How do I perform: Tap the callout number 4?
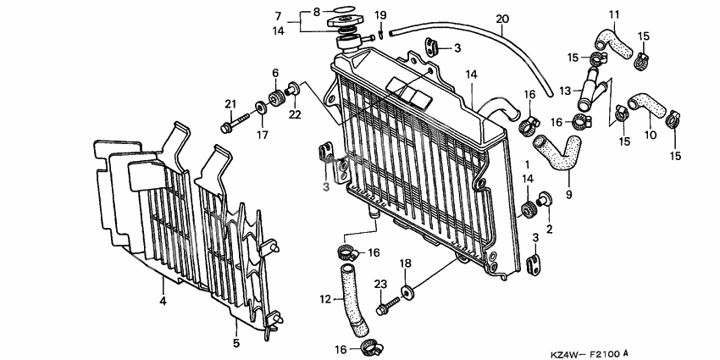coord(163,300)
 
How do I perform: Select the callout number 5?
coord(236,343)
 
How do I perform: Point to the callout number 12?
coord(324,299)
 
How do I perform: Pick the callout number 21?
coord(229,104)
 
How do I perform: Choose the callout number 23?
coord(380,284)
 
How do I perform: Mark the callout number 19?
coord(380,14)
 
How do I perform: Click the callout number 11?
coord(614,14)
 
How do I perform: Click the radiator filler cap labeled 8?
coord(346,18)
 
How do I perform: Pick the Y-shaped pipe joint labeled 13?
coord(588,91)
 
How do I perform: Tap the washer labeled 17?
coord(262,111)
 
